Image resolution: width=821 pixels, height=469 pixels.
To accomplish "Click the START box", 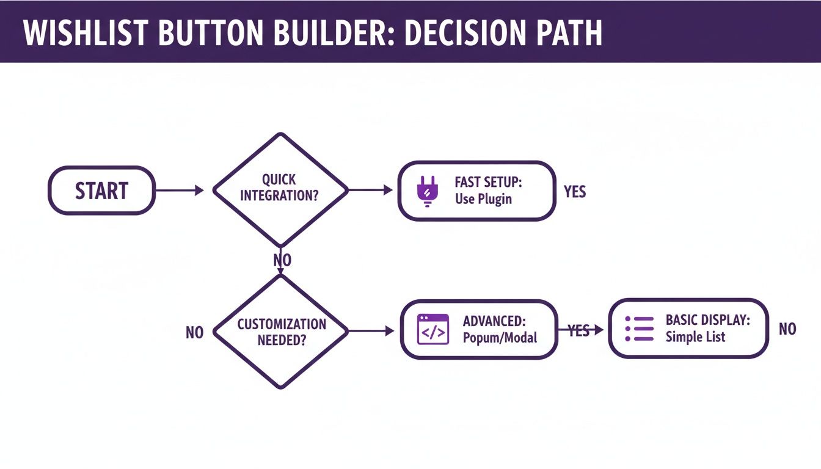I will pyautogui.click(x=101, y=191).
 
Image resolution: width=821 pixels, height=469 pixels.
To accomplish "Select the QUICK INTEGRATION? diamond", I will pyautogui.click(x=280, y=189).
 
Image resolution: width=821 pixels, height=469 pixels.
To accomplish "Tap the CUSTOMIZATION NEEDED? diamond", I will pyautogui.click(x=281, y=332).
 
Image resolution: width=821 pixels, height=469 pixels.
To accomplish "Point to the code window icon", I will pyautogui.click(x=432, y=329).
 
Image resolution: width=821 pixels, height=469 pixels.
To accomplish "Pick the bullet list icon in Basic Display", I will pyautogui.click(x=639, y=329).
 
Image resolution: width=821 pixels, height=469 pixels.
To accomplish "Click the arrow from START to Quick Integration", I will pyautogui.click(x=180, y=191).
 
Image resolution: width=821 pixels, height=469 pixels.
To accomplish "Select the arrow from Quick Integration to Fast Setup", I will pyautogui.click(x=370, y=191).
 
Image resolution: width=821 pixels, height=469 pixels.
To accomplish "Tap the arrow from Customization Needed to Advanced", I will pyautogui.click(x=371, y=331).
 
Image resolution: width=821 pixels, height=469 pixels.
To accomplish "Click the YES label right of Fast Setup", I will pyautogui.click(x=574, y=192).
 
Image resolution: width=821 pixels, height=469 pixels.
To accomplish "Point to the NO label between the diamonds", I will pyautogui.click(x=282, y=260).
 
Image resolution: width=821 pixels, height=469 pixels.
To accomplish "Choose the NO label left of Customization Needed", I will pyautogui.click(x=194, y=333).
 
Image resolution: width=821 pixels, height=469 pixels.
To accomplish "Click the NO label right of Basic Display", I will pyautogui.click(x=787, y=329).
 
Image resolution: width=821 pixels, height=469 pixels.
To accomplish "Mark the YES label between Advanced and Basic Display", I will pyautogui.click(x=579, y=330).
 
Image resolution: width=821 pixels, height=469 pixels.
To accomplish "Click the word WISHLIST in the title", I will pyautogui.click(x=84, y=35).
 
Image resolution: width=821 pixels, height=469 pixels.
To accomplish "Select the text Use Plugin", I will pyautogui.click(x=483, y=199).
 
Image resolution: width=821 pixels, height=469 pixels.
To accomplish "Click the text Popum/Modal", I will pyautogui.click(x=500, y=337).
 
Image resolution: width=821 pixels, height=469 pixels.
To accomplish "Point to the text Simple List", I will pyautogui.click(x=695, y=336).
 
